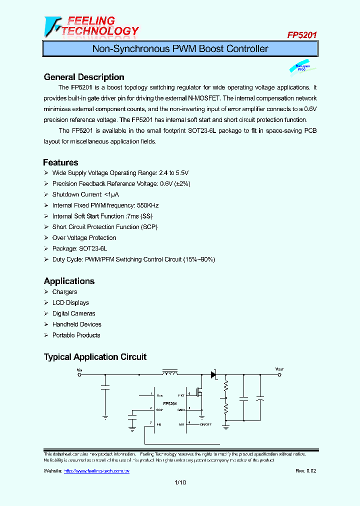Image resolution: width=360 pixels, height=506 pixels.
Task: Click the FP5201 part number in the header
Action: pos(301,35)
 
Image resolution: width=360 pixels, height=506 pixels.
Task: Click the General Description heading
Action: pos(84,77)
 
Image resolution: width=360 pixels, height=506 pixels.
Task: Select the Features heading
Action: pos(60,162)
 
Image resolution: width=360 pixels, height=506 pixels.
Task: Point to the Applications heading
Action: pos(69,281)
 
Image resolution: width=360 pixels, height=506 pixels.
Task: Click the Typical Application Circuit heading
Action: pos(95,357)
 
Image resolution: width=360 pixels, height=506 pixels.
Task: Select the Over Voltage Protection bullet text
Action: pos(84,238)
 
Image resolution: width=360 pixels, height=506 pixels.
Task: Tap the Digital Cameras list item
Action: pos(73,313)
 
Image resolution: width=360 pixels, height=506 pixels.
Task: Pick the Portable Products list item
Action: pos(76,335)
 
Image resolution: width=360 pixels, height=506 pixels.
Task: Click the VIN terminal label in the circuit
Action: pos(79,369)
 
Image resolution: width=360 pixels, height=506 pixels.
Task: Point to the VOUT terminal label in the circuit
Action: pos(279,369)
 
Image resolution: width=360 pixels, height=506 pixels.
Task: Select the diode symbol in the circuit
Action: pos(213,374)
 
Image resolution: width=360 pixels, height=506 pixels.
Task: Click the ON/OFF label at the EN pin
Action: pos(206,424)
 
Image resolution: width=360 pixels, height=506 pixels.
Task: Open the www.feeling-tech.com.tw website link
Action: pos(96,471)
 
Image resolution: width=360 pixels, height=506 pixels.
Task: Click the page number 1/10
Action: pos(180,482)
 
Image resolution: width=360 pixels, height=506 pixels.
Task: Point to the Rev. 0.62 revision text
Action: pos(305,471)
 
